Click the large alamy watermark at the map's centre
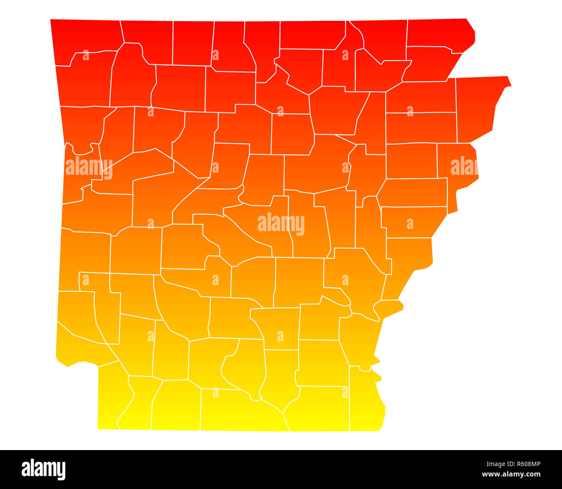(x=281, y=224)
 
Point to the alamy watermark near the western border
(x=89, y=167)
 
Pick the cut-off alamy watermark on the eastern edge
(x=464, y=167)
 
